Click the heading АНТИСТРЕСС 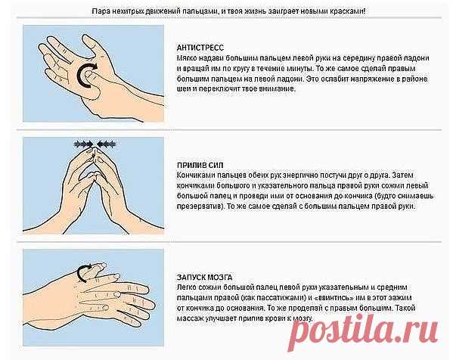pyautogui.click(x=200, y=48)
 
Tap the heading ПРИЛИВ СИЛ pyautogui.click(x=200, y=166)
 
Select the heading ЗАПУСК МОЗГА pyautogui.click(x=204, y=278)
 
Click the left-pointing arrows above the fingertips pyautogui.click(x=106, y=144)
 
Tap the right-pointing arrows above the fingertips pyautogui.click(x=83, y=144)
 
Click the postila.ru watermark pyautogui.click(x=364, y=332)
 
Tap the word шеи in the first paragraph pyautogui.click(x=183, y=89)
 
